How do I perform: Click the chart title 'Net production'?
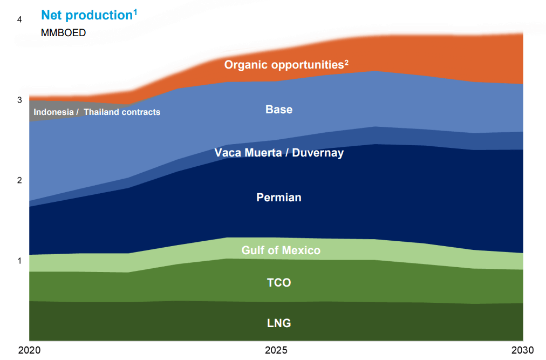coord(86,16)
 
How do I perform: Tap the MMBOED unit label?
coord(63,32)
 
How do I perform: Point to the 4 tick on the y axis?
coord(19,20)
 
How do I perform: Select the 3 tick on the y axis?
coord(19,100)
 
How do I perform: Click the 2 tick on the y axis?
coord(19,180)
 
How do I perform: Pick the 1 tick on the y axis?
coord(19,261)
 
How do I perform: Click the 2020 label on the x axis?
coord(29,350)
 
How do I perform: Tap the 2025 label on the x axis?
coord(276,350)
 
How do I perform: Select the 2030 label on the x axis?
coord(522,350)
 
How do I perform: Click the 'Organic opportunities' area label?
coord(284,65)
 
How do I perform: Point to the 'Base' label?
coord(279,110)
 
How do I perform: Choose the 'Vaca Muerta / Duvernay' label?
coord(279,153)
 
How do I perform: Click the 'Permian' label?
coord(279,198)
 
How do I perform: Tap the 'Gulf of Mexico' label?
coord(281,250)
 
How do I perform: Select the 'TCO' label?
coord(279,283)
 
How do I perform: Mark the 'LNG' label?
coord(279,323)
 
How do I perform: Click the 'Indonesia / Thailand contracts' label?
coord(97,112)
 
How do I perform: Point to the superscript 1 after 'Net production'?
coord(135,11)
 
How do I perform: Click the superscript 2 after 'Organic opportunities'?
coord(346,62)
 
